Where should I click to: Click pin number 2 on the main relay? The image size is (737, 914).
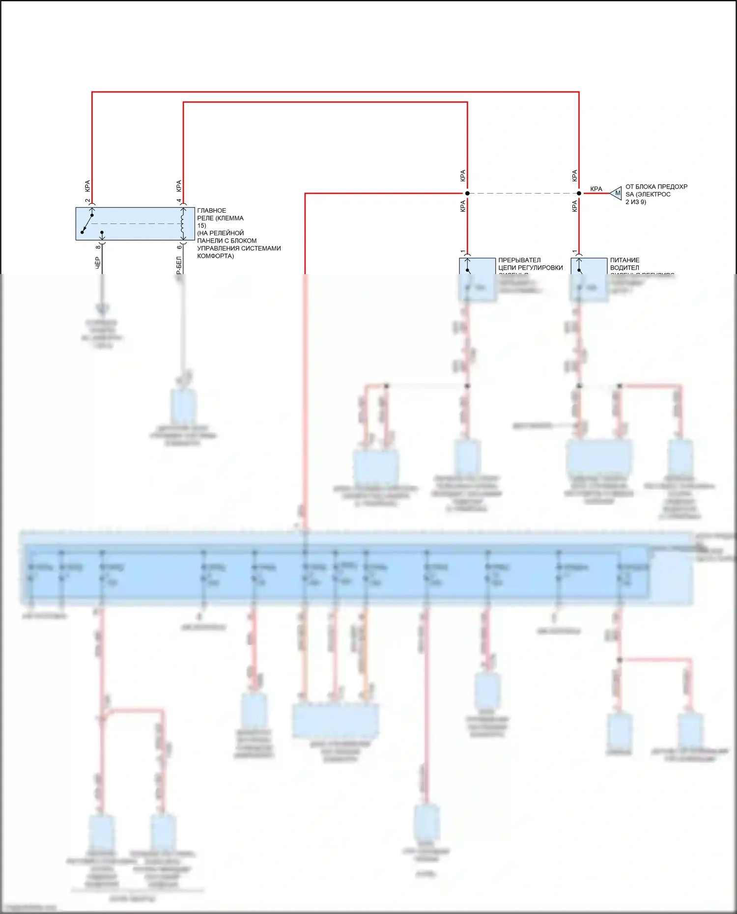pos(87,201)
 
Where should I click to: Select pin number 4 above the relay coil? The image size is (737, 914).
pos(179,201)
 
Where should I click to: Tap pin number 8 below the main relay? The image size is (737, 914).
pos(98,247)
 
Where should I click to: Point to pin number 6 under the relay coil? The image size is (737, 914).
pos(179,247)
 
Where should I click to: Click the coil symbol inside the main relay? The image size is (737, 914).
pos(183,223)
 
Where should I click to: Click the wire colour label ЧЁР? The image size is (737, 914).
pos(97,262)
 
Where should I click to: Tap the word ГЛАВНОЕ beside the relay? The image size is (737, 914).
pos(212,211)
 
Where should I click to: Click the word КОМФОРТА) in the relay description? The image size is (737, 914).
pos(215,256)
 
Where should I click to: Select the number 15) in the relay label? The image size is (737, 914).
pos(201,226)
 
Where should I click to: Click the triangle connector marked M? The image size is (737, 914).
pos(617,194)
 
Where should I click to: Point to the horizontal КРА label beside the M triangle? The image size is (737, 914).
pos(596,189)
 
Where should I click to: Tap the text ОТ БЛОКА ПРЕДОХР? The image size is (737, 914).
pos(656,187)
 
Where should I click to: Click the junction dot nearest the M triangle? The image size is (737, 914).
pos(579,194)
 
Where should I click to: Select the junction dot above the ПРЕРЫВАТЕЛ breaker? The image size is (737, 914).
pos(467,194)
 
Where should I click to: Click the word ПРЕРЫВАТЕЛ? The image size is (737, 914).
pos(519,260)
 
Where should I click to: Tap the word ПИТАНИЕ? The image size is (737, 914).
pos(624,260)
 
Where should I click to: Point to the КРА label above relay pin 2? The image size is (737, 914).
pos(87,186)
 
